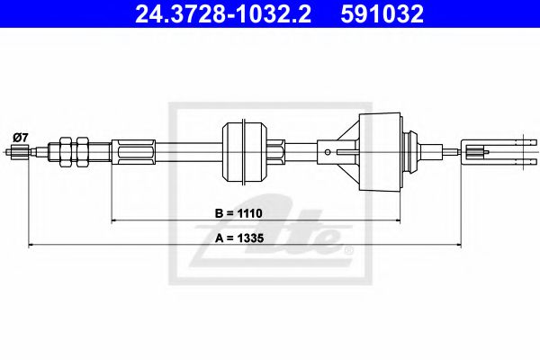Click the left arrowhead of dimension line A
[33, 244]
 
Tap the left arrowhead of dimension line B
[114, 219]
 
